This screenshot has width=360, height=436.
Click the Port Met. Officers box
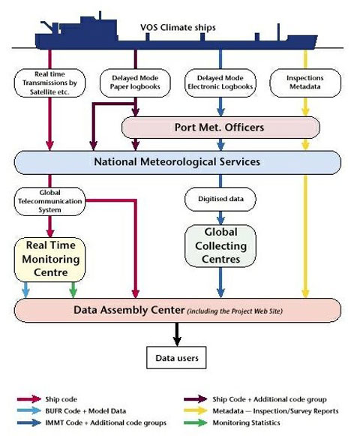[220, 128]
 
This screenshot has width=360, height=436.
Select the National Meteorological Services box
[177, 162]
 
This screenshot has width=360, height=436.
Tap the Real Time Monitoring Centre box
[49, 260]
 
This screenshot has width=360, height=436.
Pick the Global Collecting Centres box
[220, 246]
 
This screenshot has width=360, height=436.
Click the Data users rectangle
[176, 358]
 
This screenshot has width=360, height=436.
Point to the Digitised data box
[220, 199]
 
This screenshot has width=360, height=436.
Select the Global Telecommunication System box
[49, 201]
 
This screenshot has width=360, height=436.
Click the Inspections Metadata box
[305, 83]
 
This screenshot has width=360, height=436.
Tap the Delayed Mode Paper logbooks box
[135, 83]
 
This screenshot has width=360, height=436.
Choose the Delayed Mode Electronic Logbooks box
[220, 83]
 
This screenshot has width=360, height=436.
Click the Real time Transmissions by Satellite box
[49, 83]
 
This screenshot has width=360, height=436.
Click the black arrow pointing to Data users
[177, 334]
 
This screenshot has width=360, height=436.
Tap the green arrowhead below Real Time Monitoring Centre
[73, 293]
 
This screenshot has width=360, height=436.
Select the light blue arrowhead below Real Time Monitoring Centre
[25, 293]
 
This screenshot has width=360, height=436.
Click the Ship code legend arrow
[29, 399]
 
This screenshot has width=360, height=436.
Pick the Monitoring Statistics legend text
[246, 422]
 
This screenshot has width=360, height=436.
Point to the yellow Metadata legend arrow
[196, 410]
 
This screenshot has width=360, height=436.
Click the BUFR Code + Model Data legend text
[85, 410]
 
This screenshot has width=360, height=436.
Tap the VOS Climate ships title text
[178, 28]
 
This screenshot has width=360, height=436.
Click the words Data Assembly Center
[129, 310]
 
